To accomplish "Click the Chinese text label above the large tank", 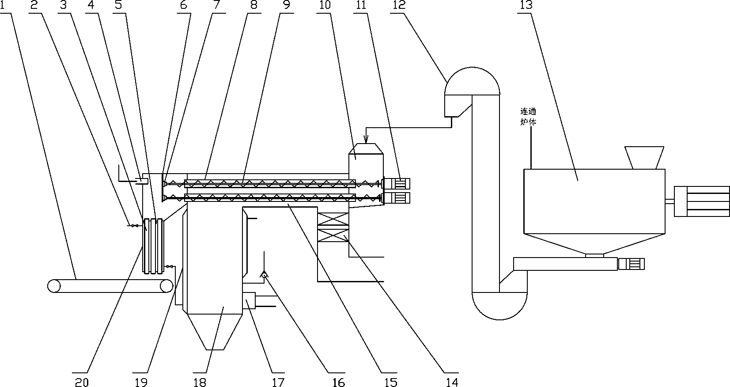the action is click(x=528, y=117).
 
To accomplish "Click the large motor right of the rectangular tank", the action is click(x=702, y=201).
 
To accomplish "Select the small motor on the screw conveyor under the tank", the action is click(x=631, y=264).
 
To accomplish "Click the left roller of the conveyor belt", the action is click(x=54, y=286).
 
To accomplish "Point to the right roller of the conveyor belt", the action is click(x=166, y=286).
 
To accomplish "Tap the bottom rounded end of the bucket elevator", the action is click(x=499, y=306).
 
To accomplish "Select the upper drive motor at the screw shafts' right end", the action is click(x=397, y=183).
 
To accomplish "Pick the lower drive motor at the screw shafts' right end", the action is click(x=397, y=198).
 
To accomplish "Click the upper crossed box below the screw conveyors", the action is click(x=333, y=219).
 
